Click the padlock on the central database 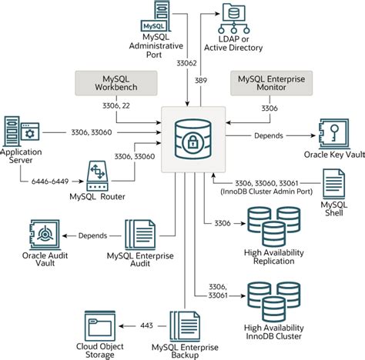click(x=193, y=142)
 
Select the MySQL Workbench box click(x=116, y=83)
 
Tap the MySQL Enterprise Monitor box click(x=271, y=83)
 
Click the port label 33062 click(x=186, y=63)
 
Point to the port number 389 click(x=201, y=81)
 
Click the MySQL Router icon click(x=97, y=175)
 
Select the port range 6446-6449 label click(x=50, y=182)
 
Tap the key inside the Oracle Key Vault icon click(x=335, y=132)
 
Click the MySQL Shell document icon click(x=334, y=184)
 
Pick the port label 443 click(x=147, y=325)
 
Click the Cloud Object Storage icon click(x=100, y=326)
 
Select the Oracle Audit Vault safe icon click(x=45, y=235)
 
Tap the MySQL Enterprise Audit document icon click(x=140, y=235)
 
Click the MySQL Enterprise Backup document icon click(x=185, y=326)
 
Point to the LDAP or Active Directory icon click(x=233, y=18)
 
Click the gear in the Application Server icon click(x=30, y=134)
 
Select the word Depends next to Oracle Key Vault click(x=269, y=135)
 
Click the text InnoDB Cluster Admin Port click(x=266, y=192)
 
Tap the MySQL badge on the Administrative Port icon click(x=153, y=26)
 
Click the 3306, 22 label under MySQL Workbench click(x=116, y=105)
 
